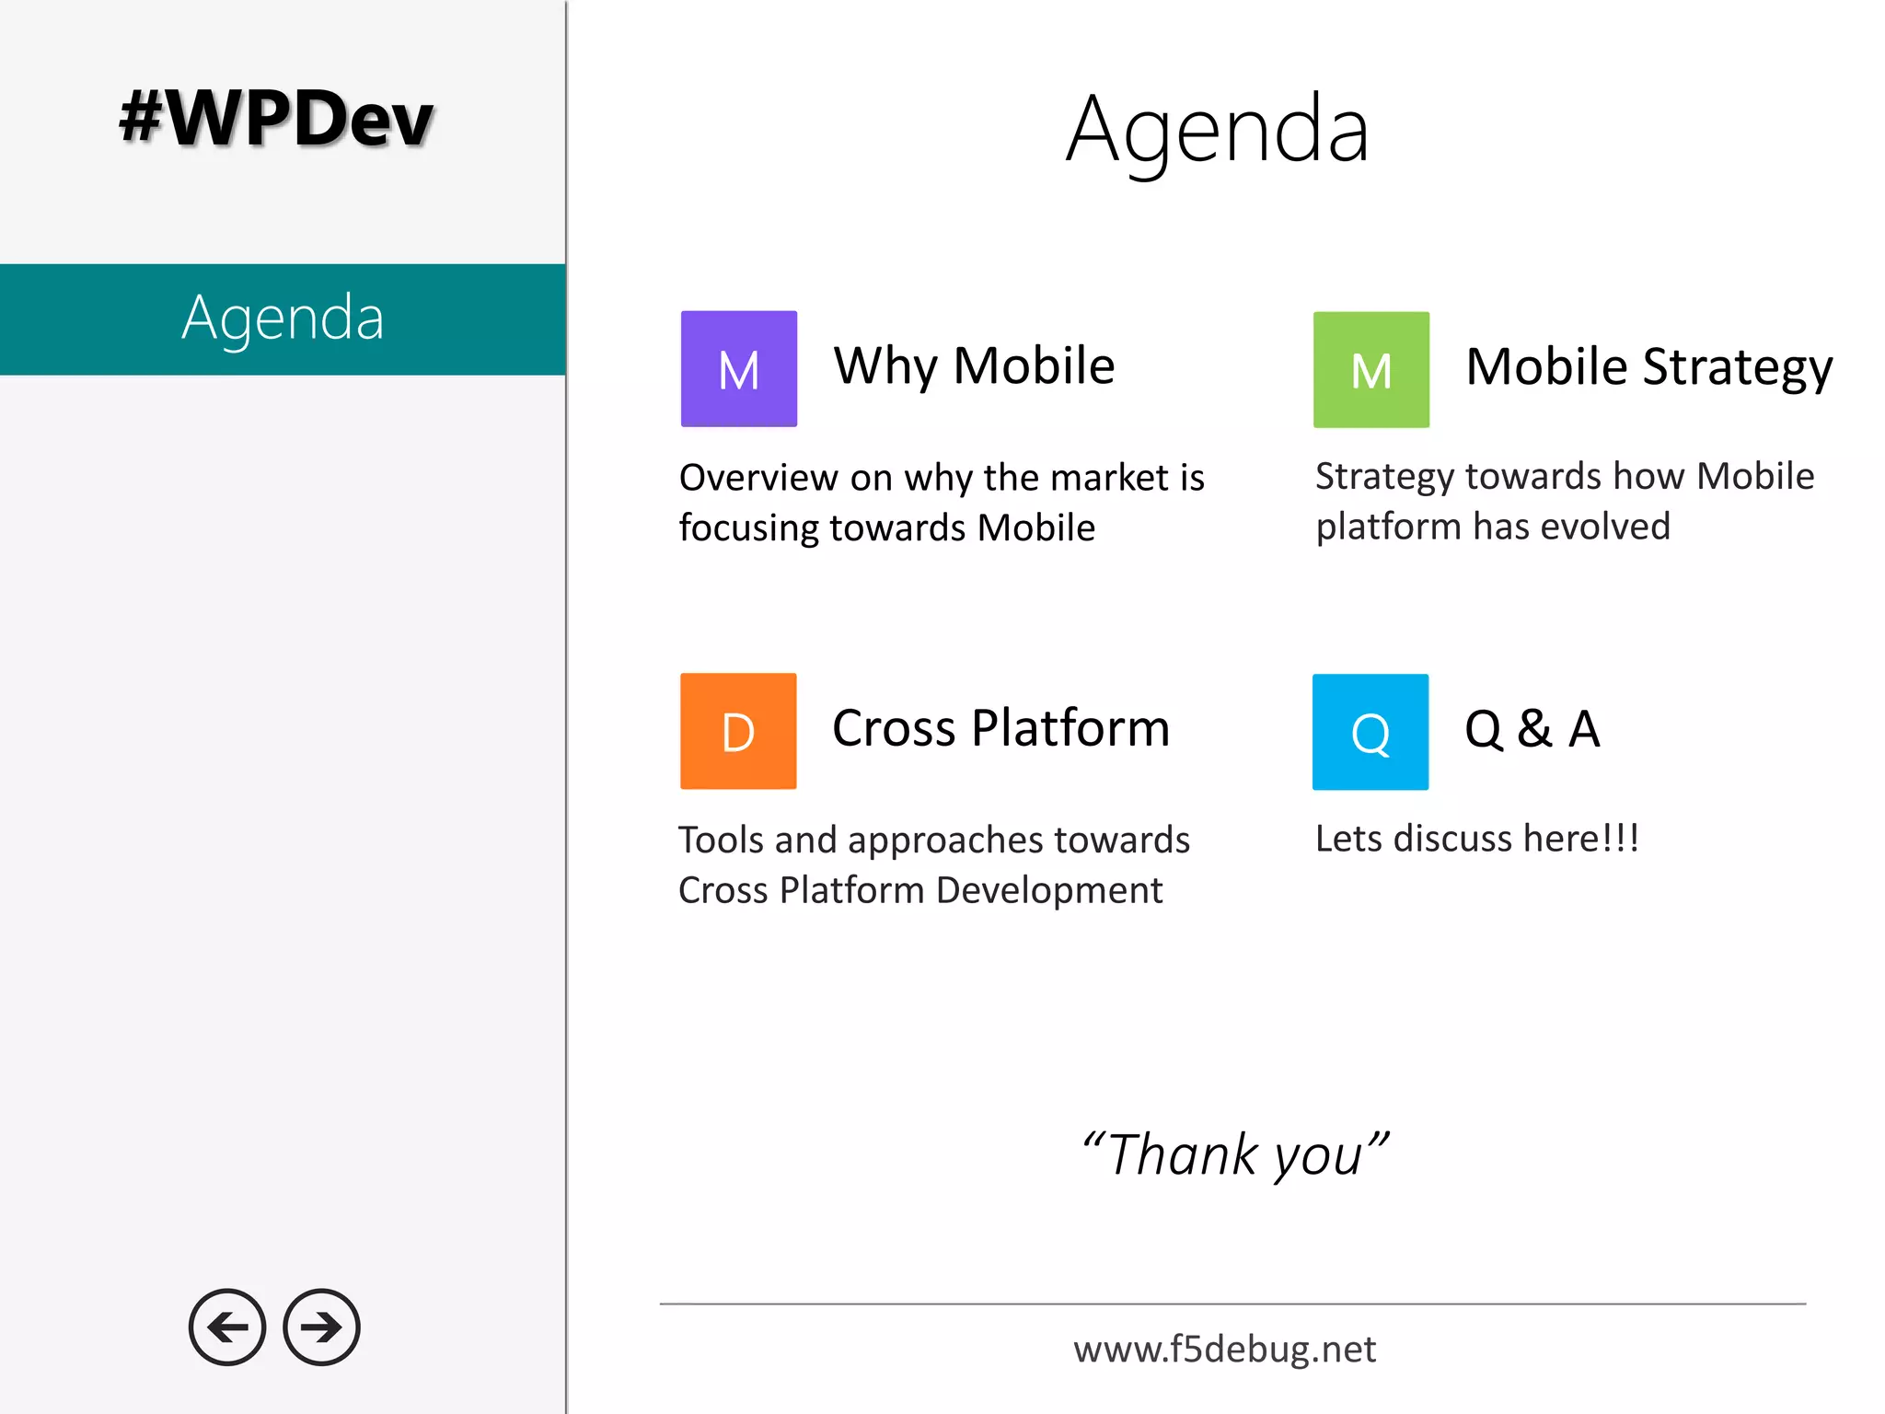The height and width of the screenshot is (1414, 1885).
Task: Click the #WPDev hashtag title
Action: coord(276,119)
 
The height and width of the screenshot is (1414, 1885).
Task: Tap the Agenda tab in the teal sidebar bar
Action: coord(283,319)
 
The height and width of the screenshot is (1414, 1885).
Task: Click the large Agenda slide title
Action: coord(1218,131)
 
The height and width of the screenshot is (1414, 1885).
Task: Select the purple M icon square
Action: coord(738,369)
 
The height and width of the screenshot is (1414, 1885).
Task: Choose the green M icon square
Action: coord(1370,370)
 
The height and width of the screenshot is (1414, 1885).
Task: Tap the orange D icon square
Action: coord(738,731)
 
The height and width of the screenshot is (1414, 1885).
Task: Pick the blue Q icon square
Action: coord(1370,732)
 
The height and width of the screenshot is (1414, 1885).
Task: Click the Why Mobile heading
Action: coord(974,365)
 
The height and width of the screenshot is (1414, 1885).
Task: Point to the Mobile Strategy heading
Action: coord(1648,367)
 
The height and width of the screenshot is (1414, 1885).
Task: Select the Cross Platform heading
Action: coord(1000,728)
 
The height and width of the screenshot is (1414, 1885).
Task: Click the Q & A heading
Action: coord(1532,729)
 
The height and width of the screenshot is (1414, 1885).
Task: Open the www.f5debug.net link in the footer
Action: coord(1224,1350)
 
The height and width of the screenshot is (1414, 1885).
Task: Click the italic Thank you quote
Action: coord(1234,1154)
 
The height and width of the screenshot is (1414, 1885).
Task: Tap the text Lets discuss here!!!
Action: coord(1476,839)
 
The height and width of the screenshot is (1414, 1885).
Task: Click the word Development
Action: coord(1049,890)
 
